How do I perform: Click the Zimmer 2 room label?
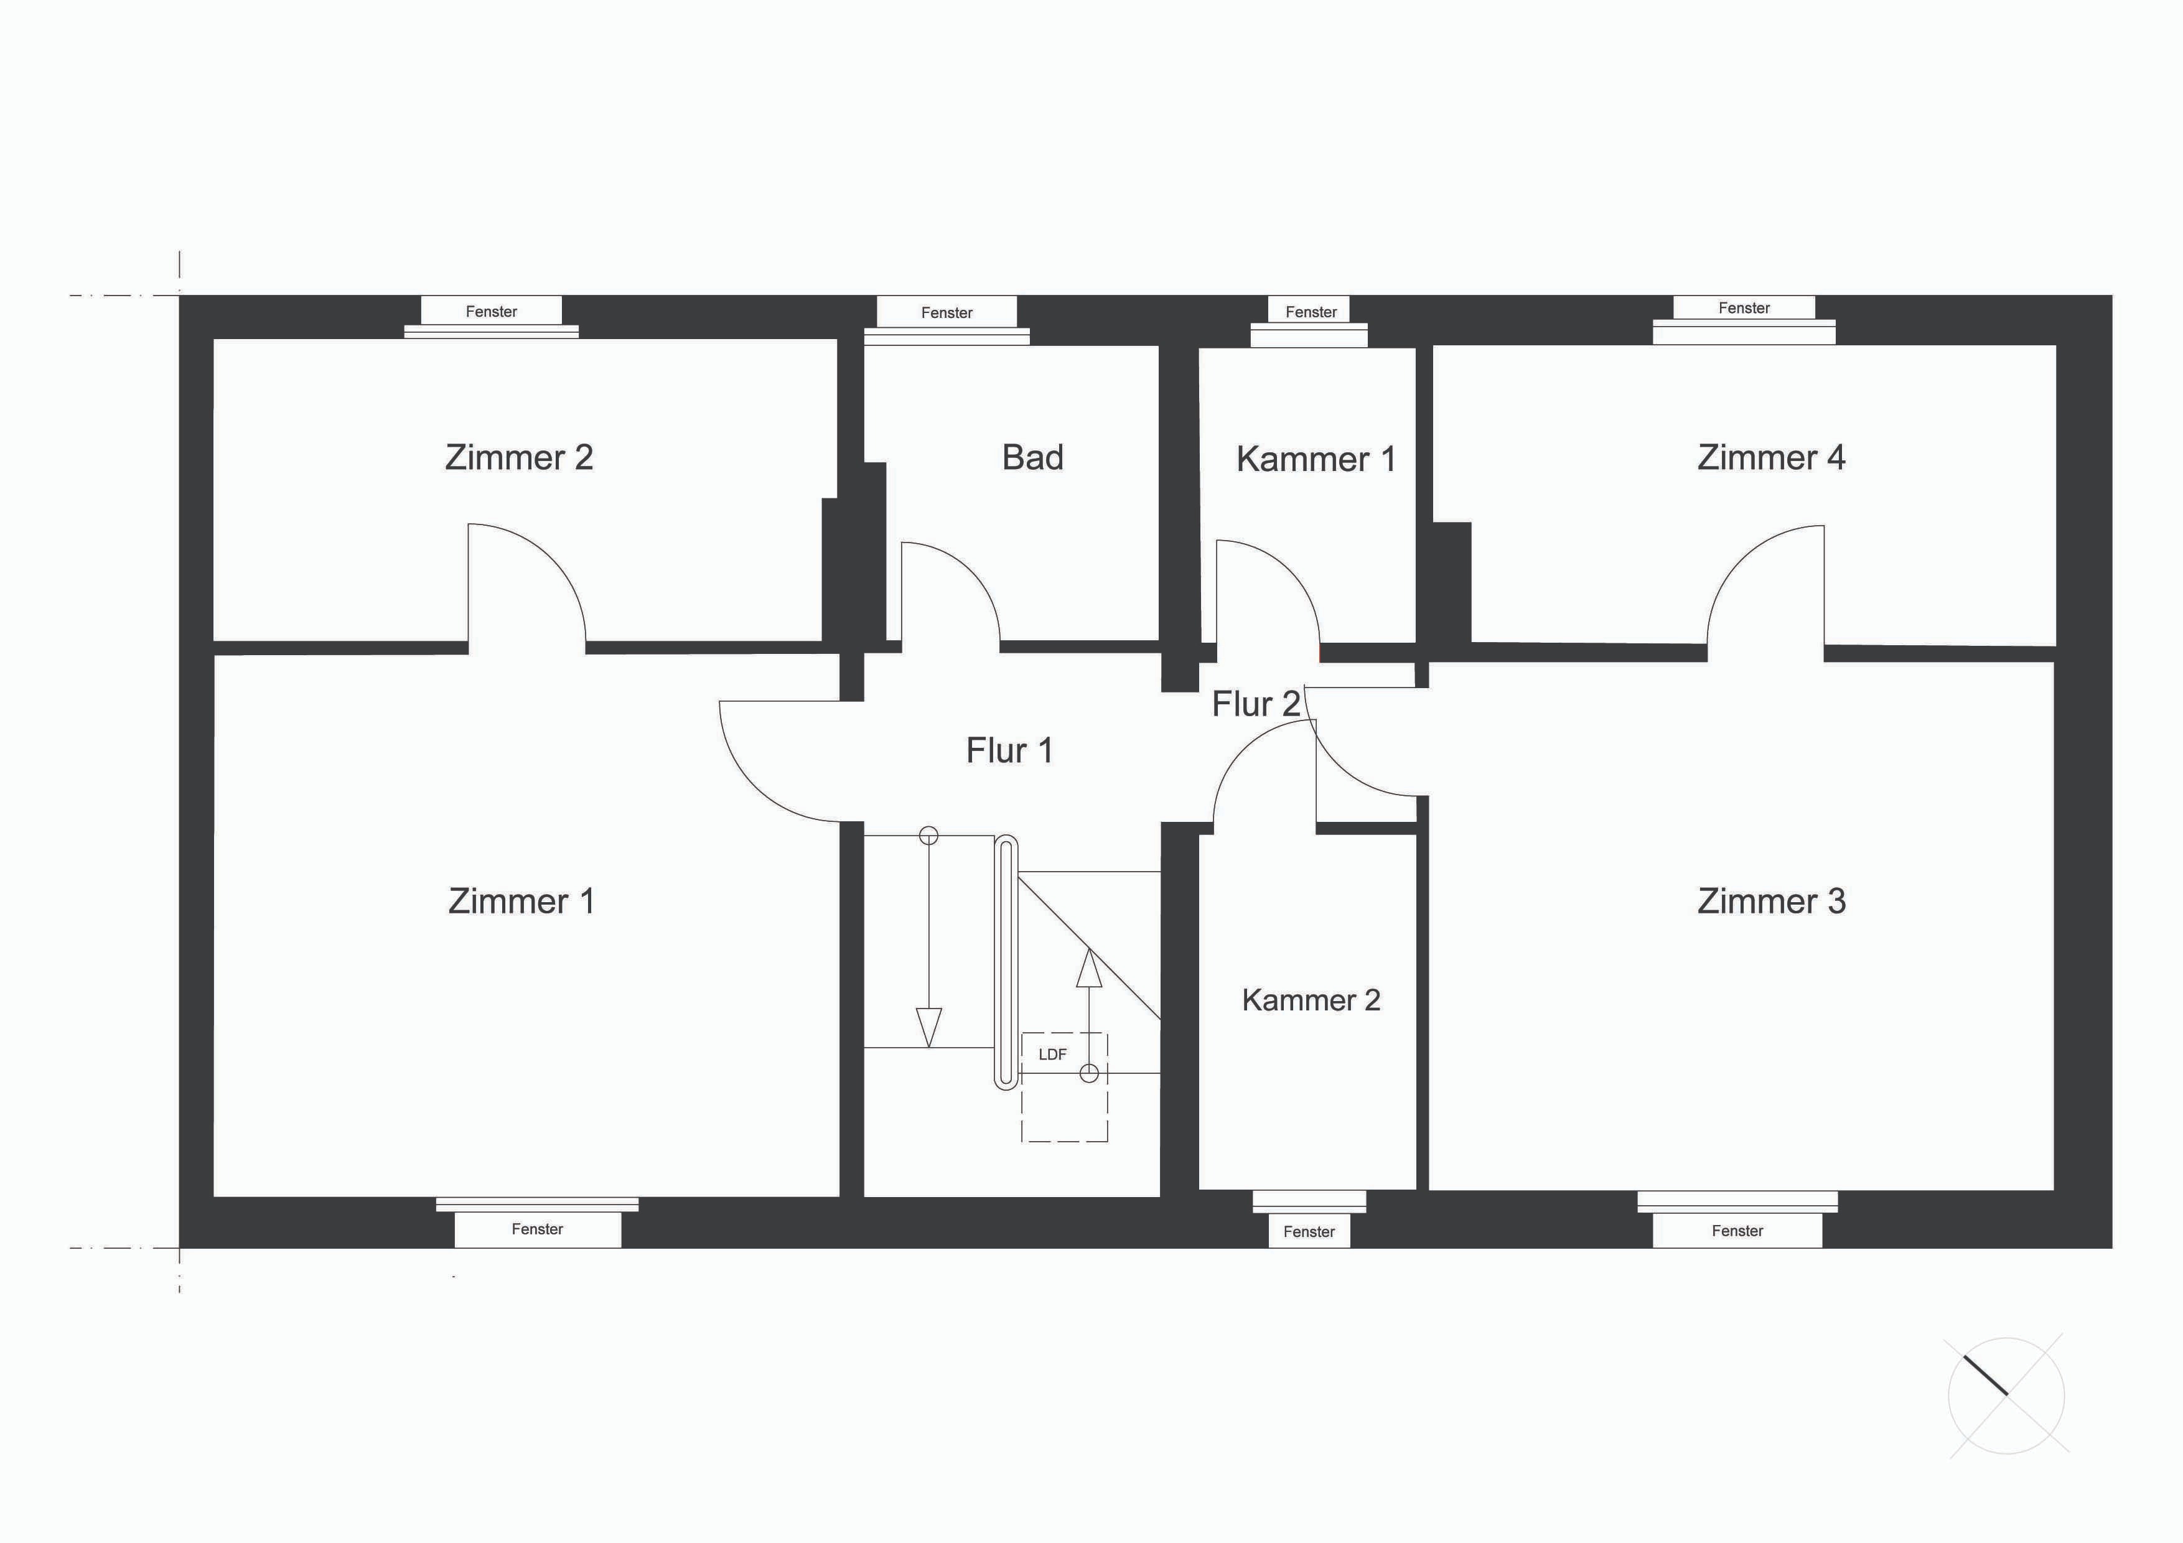click(519, 457)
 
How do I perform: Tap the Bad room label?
click(1032, 457)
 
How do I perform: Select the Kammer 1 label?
click(1316, 459)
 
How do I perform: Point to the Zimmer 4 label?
click(1771, 457)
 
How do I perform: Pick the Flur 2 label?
click(1256, 704)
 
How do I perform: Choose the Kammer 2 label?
click(1311, 1000)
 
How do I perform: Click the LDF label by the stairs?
click(1052, 1055)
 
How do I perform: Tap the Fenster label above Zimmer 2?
click(492, 312)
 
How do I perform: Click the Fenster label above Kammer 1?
click(1311, 312)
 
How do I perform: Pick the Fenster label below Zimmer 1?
click(537, 1229)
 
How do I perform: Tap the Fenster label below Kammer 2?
click(1309, 1232)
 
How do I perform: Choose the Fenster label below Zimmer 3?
click(1737, 1231)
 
